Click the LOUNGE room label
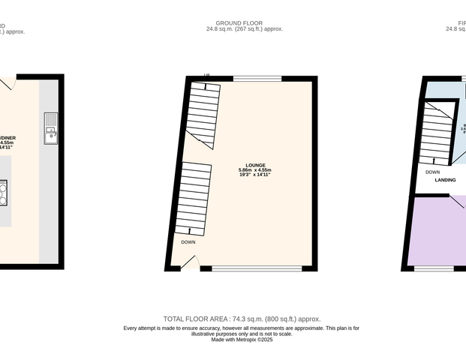coord(255,165)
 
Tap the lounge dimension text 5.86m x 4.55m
coord(255,169)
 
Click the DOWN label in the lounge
coord(188,242)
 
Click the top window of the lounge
coord(257,78)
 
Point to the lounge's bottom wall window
coord(257,268)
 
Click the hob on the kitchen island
coord(3,193)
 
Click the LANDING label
coord(446,181)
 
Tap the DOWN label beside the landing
coord(432,172)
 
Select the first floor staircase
coord(438,132)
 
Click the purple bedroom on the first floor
coord(439,229)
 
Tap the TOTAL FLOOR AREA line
coord(247,319)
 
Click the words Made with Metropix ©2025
coord(242,340)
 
